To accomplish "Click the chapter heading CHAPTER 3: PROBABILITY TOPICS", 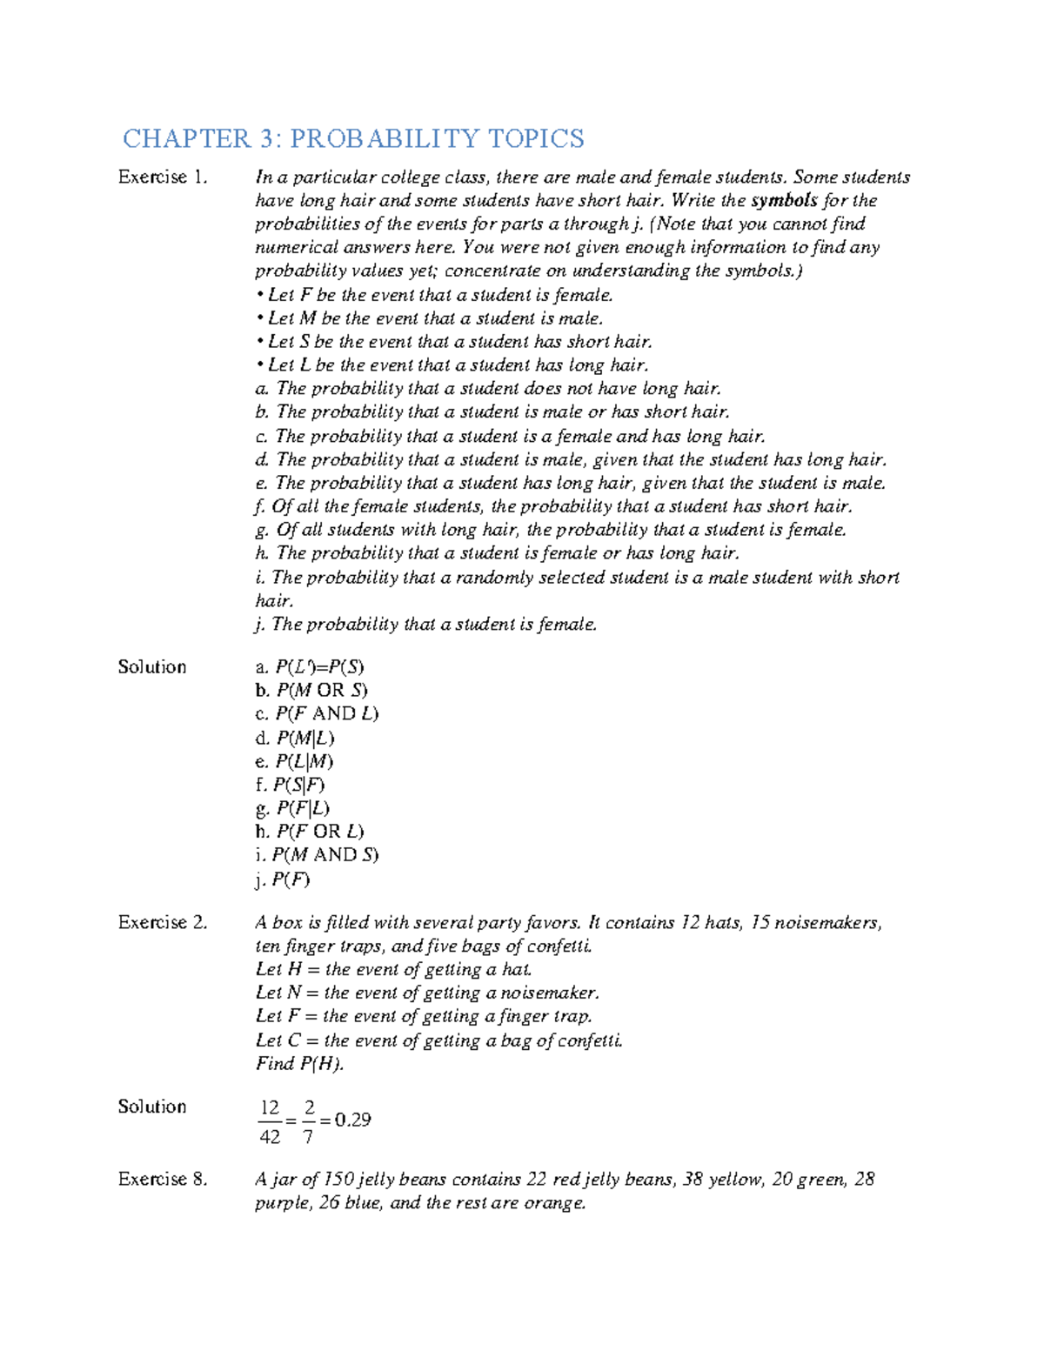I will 353,138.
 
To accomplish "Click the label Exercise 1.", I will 163,177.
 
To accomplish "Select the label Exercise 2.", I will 163,922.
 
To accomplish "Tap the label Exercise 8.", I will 163,1180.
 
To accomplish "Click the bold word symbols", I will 784,201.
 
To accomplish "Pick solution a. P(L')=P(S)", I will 310,667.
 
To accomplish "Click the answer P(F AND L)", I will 326,714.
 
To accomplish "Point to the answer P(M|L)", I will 304,739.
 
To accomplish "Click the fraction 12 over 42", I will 270,1122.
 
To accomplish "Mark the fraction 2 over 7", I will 308,1122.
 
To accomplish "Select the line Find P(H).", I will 299,1064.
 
